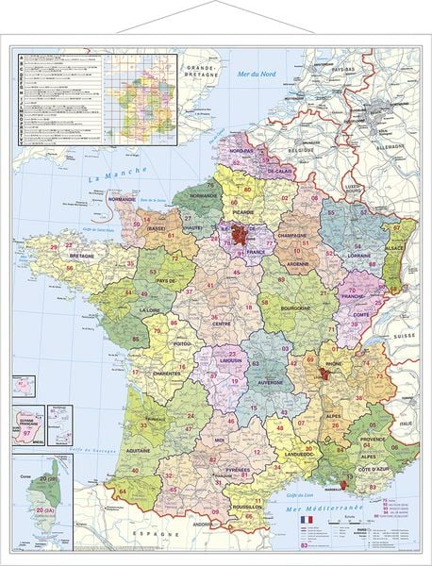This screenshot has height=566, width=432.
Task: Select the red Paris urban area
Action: pyautogui.click(x=244, y=237)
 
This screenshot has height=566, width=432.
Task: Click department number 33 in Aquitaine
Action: pyautogui.click(x=143, y=425)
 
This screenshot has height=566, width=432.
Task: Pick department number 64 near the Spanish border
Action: pyautogui.click(x=122, y=491)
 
